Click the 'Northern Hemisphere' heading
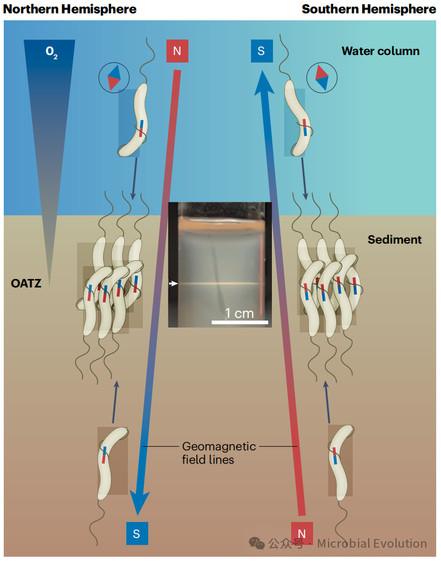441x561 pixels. pyautogui.click(x=70, y=9)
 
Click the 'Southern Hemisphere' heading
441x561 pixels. pyautogui.click(x=369, y=9)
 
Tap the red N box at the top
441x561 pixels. pyautogui.click(x=177, y=51)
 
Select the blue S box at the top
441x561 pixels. pyautogui.click(x=262, y=51)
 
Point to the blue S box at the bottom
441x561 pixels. pyautogui.click(x=137, y=533)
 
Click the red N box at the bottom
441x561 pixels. pyautogui.click(x=302, y=533)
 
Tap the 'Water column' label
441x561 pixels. pyautogui.click(x=381, y=51)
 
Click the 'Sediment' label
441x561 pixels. pyautogui.click(x=394, y=240)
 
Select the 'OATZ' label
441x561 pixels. pyautogui.click(x=26, y=284)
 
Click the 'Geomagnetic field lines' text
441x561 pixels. pyautogui.click(x=219, y=453)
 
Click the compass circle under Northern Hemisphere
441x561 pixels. pyautogui.click(x=114, y=78)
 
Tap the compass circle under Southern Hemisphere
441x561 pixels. pyautogui.click(x=322, y=78)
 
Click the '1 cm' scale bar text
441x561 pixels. pyautogui.click(x=239, y=313)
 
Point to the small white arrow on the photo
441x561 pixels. pyautogui.click(x=173, y=284)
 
